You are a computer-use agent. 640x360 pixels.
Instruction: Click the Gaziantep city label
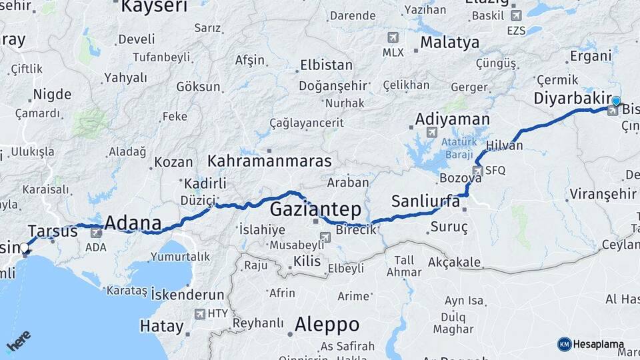pos(315,209)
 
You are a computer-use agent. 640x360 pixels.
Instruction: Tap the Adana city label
pos(133,222)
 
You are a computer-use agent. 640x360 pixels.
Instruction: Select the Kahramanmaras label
pos(269,161)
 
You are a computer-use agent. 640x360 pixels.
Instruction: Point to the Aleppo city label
pos(327,325)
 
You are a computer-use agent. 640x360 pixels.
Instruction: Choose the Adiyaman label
pos(452,119)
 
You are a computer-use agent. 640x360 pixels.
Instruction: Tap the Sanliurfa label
pos(425,201)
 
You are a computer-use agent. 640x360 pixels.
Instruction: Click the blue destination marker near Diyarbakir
pos(616,101)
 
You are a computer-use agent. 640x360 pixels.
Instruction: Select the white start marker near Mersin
pos(25,248)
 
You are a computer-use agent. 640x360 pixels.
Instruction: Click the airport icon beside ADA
pos(96,233)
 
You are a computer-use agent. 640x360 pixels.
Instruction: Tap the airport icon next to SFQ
pos(477,171)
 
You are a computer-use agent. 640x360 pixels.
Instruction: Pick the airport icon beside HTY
pos(199,313)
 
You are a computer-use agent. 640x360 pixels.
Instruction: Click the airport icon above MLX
pos(393,37)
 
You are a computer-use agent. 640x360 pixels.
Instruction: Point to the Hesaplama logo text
pos(598,344)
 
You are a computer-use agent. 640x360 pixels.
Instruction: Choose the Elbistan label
pos(326,65)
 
